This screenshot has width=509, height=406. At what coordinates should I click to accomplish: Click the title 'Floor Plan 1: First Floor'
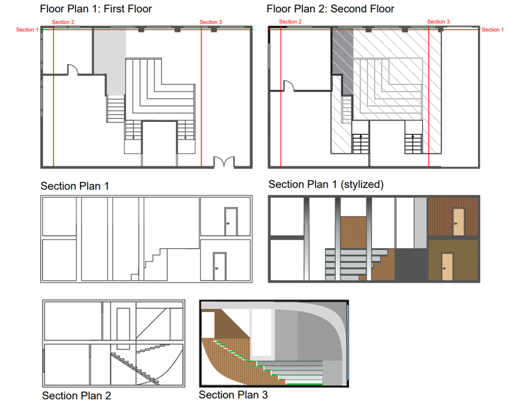point(95,9)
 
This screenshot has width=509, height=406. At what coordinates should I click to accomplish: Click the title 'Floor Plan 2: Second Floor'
point(330,9)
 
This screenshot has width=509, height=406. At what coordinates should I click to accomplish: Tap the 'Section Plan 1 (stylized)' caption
point(326,184)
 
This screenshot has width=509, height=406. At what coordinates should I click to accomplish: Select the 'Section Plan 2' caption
point(76,395)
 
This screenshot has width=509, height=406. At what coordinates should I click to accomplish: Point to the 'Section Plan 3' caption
point(233,395)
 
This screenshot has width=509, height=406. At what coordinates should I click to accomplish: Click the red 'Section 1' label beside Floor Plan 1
point(27,29)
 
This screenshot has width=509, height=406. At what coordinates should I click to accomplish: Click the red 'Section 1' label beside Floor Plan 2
point(492,29)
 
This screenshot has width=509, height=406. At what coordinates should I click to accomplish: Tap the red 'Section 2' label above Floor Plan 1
point(63,22)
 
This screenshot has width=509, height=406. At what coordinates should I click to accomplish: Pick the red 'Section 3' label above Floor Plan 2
point(438,22)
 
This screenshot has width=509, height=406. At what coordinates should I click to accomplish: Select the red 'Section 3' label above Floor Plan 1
point(211,22)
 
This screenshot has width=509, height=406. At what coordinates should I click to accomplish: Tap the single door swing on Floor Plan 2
point(288,85)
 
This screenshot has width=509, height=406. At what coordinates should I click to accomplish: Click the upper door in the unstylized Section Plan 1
point(231,220)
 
